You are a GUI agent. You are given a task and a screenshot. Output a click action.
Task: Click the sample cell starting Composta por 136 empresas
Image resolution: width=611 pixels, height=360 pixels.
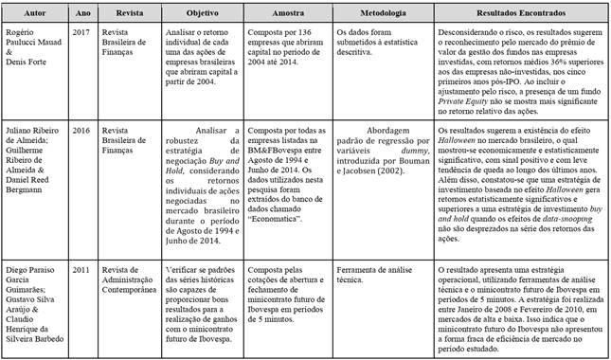click(303, 51)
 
